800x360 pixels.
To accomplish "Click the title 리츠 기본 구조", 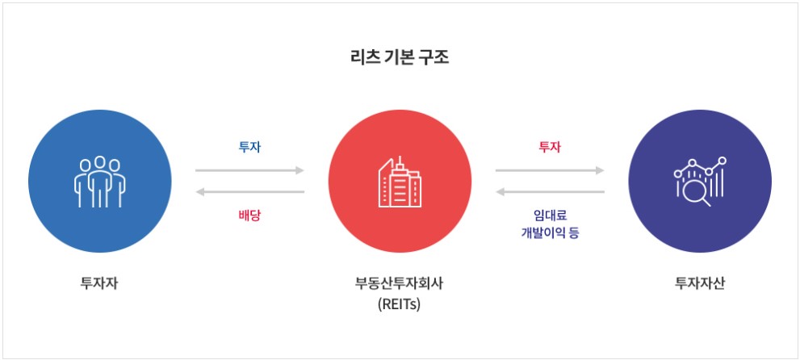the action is (400, 59).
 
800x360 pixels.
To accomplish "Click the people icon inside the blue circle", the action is (99, 180).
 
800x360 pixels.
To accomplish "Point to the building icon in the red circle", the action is (400, 182).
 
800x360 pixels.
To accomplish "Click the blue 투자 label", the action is (249, 147).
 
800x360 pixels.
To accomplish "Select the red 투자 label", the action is (550, 147).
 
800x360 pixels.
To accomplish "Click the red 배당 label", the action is (249, 216).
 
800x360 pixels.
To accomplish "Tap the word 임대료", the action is (550, 216).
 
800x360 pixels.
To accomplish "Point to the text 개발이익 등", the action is (550, 233).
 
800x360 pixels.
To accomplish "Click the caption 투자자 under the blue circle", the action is (99, 283).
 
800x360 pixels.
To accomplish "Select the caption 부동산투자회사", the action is (400, 283).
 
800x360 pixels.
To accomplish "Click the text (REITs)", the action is (400, 305).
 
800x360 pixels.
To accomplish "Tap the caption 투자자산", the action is (699, 283).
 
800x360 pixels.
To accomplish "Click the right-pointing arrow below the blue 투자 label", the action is (249, 170).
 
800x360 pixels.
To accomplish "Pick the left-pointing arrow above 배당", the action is (249, 192).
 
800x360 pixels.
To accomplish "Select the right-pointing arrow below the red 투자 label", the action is (550, 170).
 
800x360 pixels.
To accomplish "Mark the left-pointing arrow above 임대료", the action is (550, 192).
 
